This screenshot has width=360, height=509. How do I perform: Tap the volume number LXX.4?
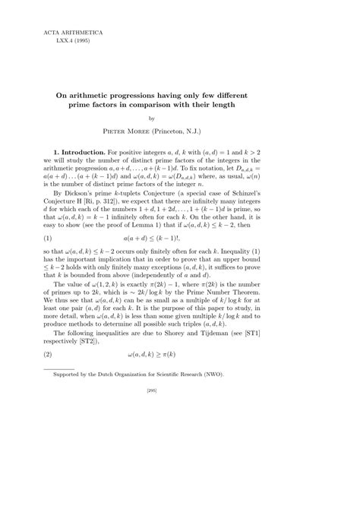(58, 43)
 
